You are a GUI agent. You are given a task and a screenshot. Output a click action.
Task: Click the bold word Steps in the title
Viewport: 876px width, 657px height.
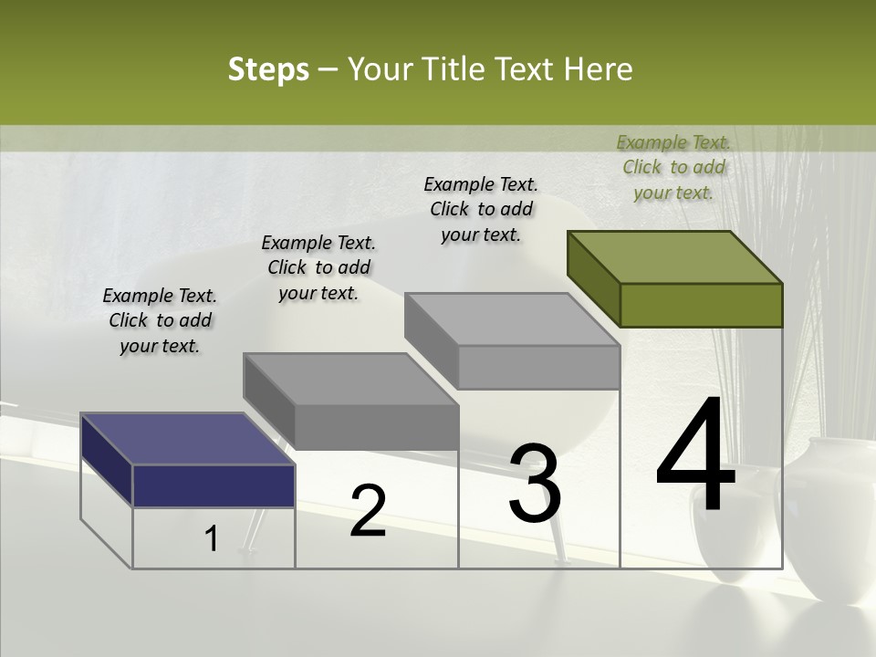(268, 69)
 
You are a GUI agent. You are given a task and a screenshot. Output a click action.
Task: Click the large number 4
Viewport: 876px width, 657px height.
(695, 456)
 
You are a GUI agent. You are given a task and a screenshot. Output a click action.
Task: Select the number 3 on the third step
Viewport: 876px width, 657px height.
(535, 484)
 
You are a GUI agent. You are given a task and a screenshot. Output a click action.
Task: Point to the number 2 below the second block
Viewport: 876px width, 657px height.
(369, 511)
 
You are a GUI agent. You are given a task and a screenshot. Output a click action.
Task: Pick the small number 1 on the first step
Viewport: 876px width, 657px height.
(212, 539)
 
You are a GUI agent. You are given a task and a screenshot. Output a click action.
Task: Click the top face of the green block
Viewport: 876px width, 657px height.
(675, 256)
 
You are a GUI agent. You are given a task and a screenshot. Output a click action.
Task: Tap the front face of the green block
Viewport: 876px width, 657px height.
(701, 305)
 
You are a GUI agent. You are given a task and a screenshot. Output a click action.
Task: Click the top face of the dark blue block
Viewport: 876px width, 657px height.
(187, 439)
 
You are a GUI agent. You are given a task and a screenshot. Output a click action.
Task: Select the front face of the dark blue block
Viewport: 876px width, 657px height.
(214, 485)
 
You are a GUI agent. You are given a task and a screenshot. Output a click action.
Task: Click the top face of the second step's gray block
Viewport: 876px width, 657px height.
(350, 379)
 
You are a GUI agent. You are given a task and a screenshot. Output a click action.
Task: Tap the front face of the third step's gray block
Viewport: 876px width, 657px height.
(538, 367)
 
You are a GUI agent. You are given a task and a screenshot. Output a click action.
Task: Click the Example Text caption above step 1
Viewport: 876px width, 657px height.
(160, 321)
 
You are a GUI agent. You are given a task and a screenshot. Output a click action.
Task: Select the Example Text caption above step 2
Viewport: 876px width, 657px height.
(318, 268)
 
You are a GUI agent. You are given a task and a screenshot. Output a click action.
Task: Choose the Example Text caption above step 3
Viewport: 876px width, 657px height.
(481, 209)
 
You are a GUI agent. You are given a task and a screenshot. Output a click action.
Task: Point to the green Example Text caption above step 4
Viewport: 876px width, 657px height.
(673, 167)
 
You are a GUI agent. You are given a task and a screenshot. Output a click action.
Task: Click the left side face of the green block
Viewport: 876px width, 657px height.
(593, 278)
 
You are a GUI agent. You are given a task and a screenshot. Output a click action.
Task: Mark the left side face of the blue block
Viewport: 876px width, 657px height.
(107, 459)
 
